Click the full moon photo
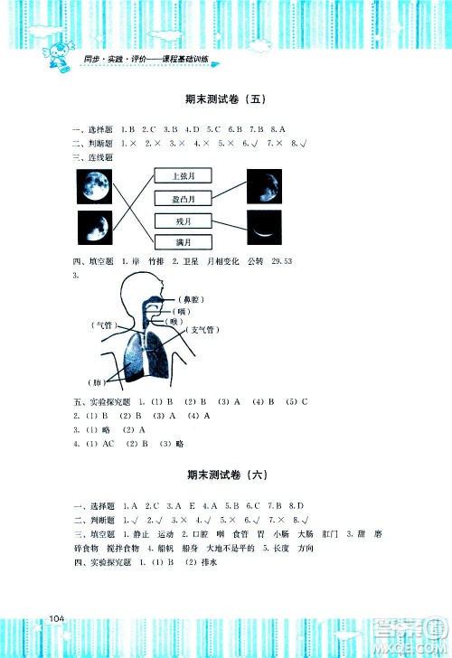tap(94, 187)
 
